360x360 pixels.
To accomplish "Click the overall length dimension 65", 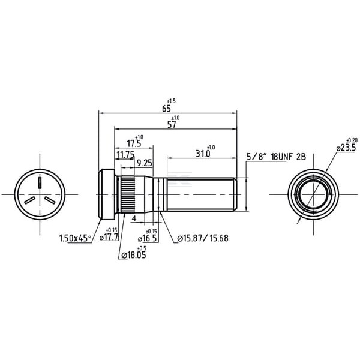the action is pyautogui.click(x=166, y=109).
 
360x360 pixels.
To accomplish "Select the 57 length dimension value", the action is pyautogui.click(x=172, y=125).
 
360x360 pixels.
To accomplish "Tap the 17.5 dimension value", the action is pyautogui.click(x=134, y=143).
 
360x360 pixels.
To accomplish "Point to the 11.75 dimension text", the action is pyautogui.click(x=125, y=155).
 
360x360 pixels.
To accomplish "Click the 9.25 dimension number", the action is pyautogui.click(x=145, y=163).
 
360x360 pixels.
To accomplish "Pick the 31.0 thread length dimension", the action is pyautogui.click(x=203, y=154).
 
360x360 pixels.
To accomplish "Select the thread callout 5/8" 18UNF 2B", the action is pyautogui.click(x=276, y=157).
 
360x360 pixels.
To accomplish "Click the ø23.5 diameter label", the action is pyautogui.click(x=346, y=148).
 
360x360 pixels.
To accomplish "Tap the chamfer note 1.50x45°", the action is pyautogui.click(x=75, y=238).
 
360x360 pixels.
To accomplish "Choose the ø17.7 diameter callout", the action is pyautogui.click(x=109, y=237).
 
